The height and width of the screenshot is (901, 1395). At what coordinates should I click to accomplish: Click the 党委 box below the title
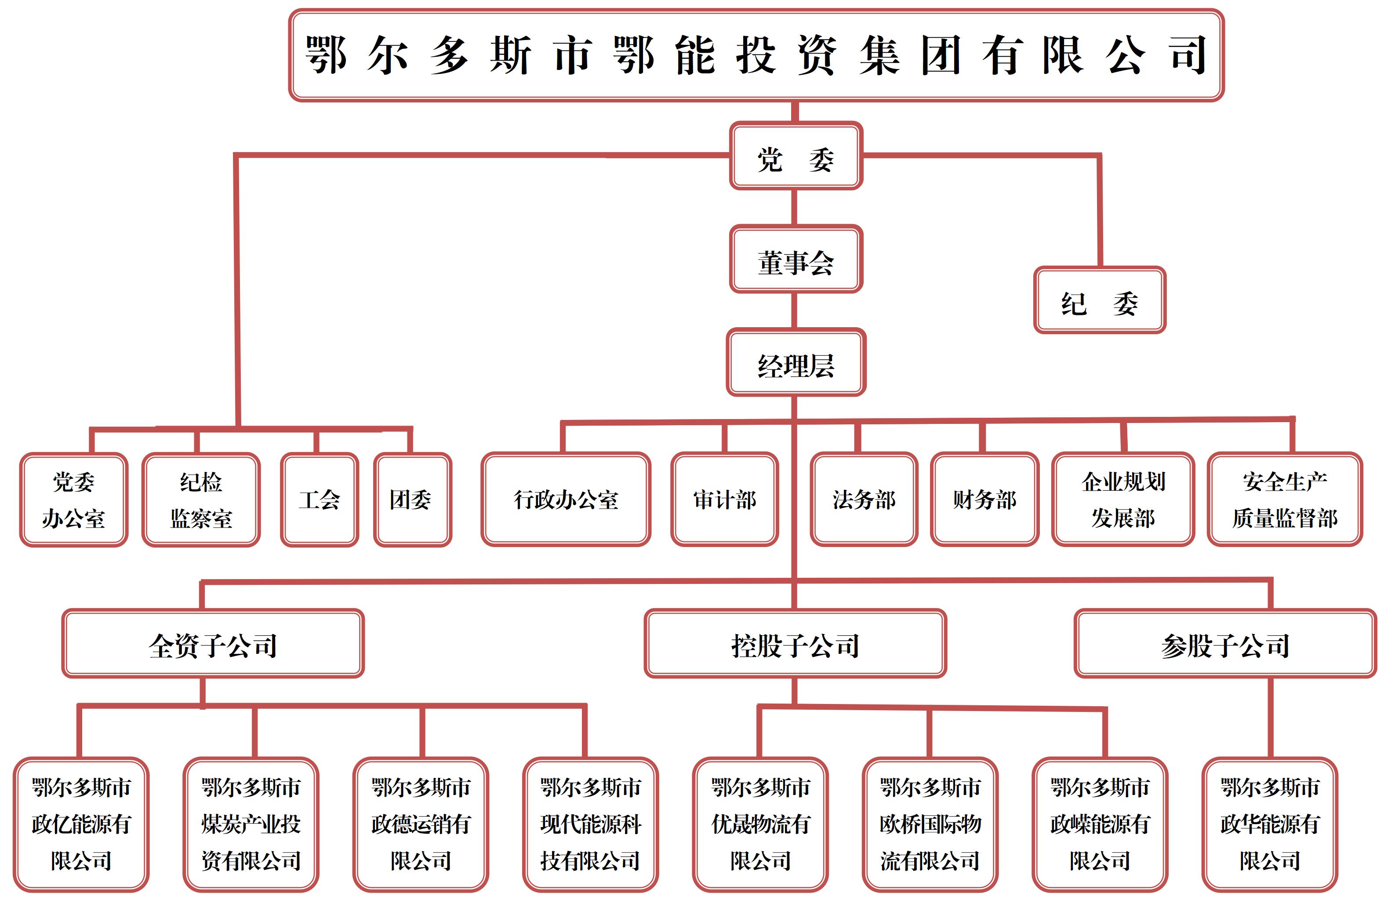click(796, 156)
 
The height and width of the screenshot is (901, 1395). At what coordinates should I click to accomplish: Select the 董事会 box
click(796, 259)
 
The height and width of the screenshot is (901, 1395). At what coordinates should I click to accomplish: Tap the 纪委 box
click(1099, 300)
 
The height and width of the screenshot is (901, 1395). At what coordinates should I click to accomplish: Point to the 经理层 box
click(796, 362)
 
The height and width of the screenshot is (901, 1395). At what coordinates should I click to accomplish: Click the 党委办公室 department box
click(74, 500)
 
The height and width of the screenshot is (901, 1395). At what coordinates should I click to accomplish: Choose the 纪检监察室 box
click(201, 500)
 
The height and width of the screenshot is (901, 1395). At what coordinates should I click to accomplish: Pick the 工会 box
click(319, 500)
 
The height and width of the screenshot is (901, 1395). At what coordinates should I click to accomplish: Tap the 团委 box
click(412, 500)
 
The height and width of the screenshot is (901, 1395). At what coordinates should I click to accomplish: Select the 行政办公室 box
click(565, 499)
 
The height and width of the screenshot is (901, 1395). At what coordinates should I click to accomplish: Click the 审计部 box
click(724, 499)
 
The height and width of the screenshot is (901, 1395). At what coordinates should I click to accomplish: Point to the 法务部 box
click(864, 499)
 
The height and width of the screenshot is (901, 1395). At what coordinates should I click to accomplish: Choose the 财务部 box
click(984, 499)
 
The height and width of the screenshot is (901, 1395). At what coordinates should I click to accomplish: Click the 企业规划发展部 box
click(1123, 499)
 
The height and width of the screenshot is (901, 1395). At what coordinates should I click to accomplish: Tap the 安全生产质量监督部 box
click(1285, 499)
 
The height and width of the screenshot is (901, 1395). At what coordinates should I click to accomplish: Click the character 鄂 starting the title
click(326, 55)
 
